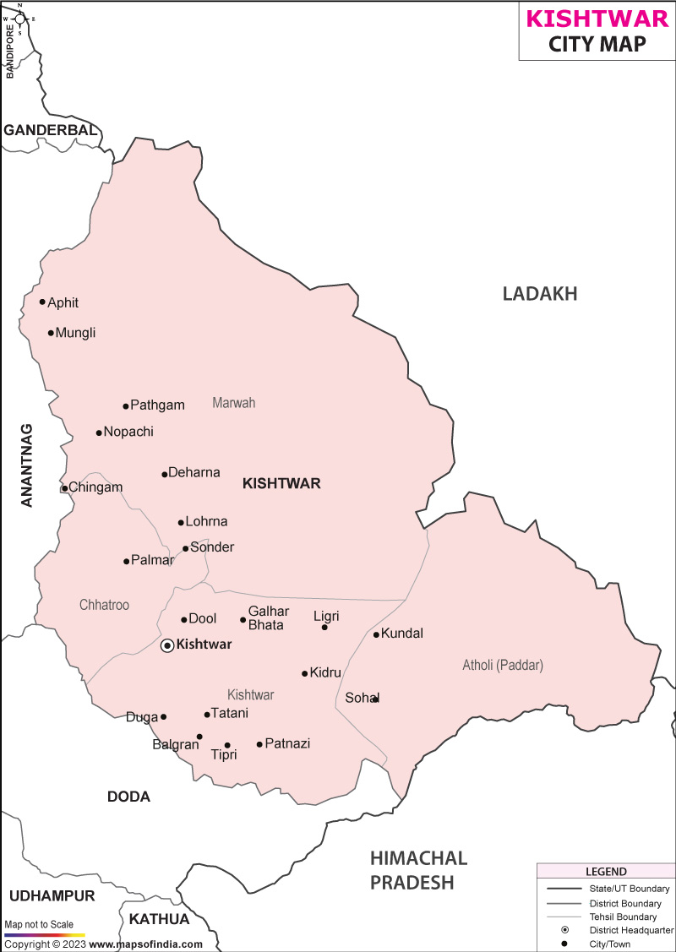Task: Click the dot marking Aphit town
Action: coord(42,302)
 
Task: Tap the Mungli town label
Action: coord(75,333)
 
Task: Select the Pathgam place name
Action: coord(157,405)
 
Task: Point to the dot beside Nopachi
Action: coord(98,432)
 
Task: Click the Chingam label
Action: coord(95,487)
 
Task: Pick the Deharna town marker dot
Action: coord(165,474)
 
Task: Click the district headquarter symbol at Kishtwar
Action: coord(167,645)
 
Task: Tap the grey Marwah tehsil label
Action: coord(233,403)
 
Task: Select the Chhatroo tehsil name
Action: coord(104,605)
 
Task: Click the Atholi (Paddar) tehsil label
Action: coord(502,666)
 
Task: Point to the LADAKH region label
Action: coord(539,294)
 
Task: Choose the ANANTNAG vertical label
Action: coord(27,465)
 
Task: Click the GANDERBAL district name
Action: coord(51,130)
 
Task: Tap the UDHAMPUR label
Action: coord(52,895)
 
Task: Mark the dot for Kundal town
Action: coord(376,634)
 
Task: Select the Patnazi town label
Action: coord(287,743)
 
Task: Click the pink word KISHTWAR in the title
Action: coord(598,19)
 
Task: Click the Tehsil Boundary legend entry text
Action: coord(623,917)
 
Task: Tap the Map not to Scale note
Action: coord(39,925)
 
